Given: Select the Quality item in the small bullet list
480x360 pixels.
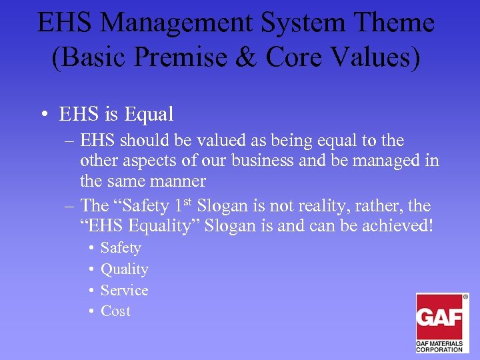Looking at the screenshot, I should (124, 269).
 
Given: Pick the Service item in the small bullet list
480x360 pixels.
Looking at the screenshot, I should (124, 290).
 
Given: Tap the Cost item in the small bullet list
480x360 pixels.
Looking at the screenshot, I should (115, 311).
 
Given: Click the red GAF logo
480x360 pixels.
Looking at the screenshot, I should (440, 317).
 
